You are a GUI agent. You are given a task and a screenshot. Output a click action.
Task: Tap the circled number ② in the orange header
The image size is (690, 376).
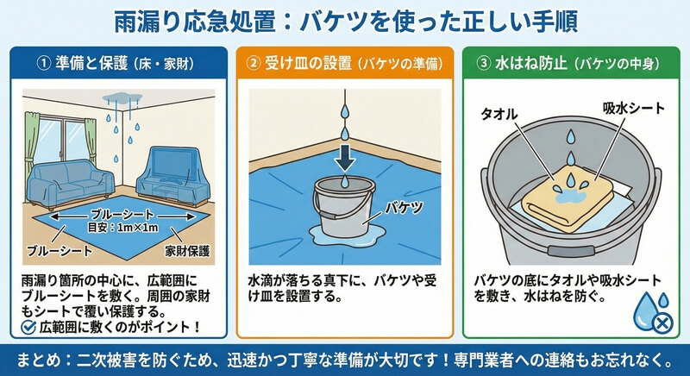tap(253, 63)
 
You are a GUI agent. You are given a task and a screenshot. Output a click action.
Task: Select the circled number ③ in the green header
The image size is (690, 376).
tap(483, 63)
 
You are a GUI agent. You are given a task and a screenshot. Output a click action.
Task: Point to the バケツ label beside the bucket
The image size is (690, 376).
tap(404, 207)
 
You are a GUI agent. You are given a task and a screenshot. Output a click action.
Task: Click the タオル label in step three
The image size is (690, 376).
tap(499, 115)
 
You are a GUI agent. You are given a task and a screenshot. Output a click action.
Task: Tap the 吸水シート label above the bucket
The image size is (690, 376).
tap(634, 108)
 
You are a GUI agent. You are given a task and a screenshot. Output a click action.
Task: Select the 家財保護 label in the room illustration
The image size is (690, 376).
tap(187, 251)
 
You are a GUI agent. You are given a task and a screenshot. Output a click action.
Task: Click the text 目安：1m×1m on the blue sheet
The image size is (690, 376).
tap(122, 228)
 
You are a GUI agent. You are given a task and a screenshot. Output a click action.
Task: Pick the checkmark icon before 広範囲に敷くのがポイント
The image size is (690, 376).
tap(28, 327)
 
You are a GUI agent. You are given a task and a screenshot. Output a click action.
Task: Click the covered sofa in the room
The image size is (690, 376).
tap(71, 183)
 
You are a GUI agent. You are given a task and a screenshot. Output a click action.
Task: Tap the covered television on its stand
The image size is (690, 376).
tap(172, 176)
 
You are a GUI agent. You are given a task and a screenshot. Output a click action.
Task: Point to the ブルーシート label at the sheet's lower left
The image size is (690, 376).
tap(60, 251)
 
